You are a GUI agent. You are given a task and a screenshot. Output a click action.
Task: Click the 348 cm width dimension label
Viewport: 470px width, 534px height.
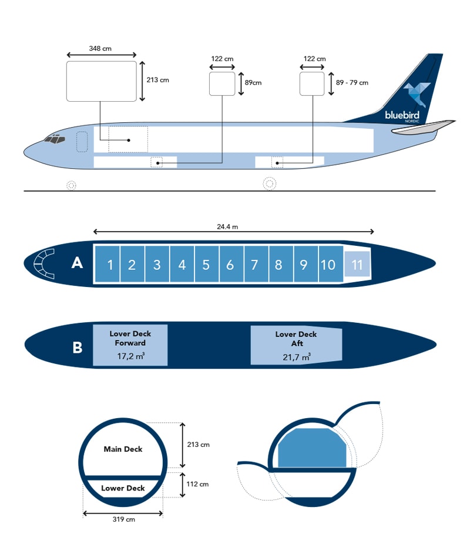pyautogui.click(x=100, y=48)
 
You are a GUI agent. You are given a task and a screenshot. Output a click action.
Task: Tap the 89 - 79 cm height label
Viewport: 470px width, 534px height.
pyautogui.click(x=352, y=84)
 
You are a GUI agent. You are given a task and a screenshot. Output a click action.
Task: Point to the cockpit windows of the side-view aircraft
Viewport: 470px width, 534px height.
pyautogui.click(x=54, y=139)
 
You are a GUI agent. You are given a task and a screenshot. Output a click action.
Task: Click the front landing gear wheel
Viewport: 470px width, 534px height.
pyautogui.click(x=71, y=185)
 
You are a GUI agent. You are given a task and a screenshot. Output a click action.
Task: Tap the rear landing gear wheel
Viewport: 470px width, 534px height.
pyautogui.click(x=270, y=183)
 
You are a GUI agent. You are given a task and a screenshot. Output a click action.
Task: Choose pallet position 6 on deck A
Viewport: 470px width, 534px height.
pyautogui.click(x=230, y=265)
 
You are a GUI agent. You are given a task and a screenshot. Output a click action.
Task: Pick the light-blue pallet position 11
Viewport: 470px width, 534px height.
pyautogui.click(x=357, y=265)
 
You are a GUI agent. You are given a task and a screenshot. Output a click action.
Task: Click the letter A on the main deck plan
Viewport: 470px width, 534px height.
pyautogui.click(x=77, y=263)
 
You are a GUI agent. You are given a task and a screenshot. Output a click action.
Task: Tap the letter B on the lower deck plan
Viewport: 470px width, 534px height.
pyautogui.click(x=77, y=348)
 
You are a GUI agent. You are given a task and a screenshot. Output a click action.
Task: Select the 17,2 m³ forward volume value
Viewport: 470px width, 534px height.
pyautogui.click(x=131, y=356)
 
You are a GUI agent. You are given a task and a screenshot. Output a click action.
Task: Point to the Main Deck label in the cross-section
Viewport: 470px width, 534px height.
pyautogui.click(x=123, y=449)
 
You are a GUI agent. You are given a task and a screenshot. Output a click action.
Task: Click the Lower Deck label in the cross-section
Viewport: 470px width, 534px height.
pyautogui.click(x=123, y=488)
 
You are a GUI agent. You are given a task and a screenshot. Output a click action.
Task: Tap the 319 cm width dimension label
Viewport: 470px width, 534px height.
pyautogui.click(x=123, y=520)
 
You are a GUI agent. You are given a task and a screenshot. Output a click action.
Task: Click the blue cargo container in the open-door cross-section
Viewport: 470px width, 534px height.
pyautogui.click(x=311, y=448)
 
